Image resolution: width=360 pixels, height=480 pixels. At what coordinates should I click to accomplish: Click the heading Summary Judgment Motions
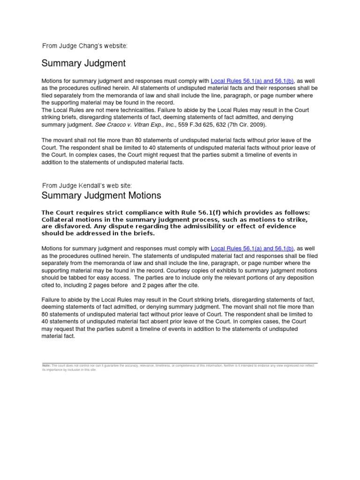coord(101,195)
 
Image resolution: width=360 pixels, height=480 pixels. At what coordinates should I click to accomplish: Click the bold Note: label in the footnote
coord(46,365)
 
